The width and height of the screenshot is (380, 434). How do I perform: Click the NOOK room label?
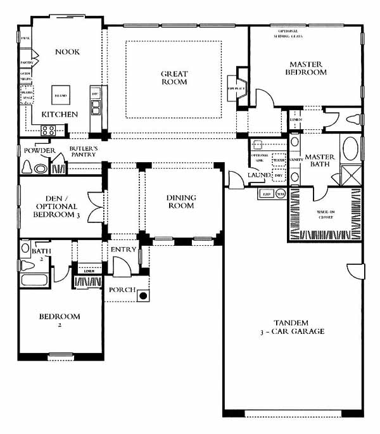67,52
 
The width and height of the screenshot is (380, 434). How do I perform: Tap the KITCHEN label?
60,115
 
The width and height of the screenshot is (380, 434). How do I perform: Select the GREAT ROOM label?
174,78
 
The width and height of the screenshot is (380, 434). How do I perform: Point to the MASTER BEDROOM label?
308,68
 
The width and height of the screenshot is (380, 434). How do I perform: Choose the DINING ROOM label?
181,201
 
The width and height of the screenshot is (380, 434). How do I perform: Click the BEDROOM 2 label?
59,321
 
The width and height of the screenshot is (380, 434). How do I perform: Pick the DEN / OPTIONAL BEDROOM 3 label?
56,206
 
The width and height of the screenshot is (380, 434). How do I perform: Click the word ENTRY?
123,250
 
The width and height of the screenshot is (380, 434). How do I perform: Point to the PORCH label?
120,290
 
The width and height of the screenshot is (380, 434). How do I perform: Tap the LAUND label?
260,175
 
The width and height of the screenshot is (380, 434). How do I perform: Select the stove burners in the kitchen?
49,131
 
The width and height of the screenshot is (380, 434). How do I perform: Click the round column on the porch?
144,295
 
